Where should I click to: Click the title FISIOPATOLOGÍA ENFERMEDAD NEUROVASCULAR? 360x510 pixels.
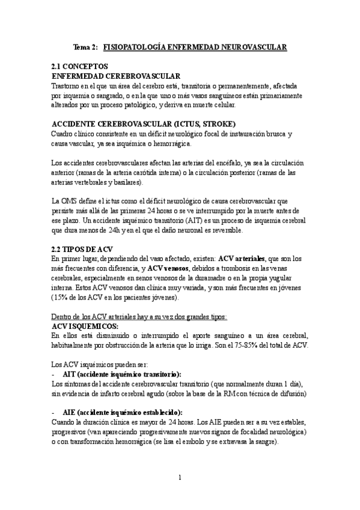click(x=195, y=46)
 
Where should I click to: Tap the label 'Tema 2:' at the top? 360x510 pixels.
click(x=85, y=46)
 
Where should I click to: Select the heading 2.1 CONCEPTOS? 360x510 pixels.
click(x=80, y=67)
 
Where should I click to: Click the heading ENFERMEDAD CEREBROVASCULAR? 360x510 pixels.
click(x=117, y=76)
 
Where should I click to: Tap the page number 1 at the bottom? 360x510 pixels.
click(x=180, y=478)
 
